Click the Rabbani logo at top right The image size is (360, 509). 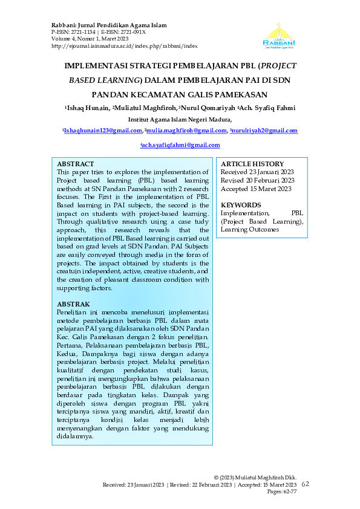point(279,34)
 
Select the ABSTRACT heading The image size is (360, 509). point(75,164)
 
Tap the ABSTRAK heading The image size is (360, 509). point(73,303)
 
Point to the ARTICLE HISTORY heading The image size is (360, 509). point(252,164)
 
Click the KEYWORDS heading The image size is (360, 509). point(241,205)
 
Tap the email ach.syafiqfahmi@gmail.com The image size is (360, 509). point(180,146)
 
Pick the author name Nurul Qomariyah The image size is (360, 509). point(206,108)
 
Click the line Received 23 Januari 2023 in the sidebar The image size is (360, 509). point(257,172)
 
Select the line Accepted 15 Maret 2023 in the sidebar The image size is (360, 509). point(256,189)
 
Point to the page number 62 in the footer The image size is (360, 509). point(305,484)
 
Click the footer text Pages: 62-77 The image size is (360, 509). point(281,493)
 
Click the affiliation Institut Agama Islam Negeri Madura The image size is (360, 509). point(180,120)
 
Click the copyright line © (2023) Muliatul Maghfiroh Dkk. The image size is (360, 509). point(255,478)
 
